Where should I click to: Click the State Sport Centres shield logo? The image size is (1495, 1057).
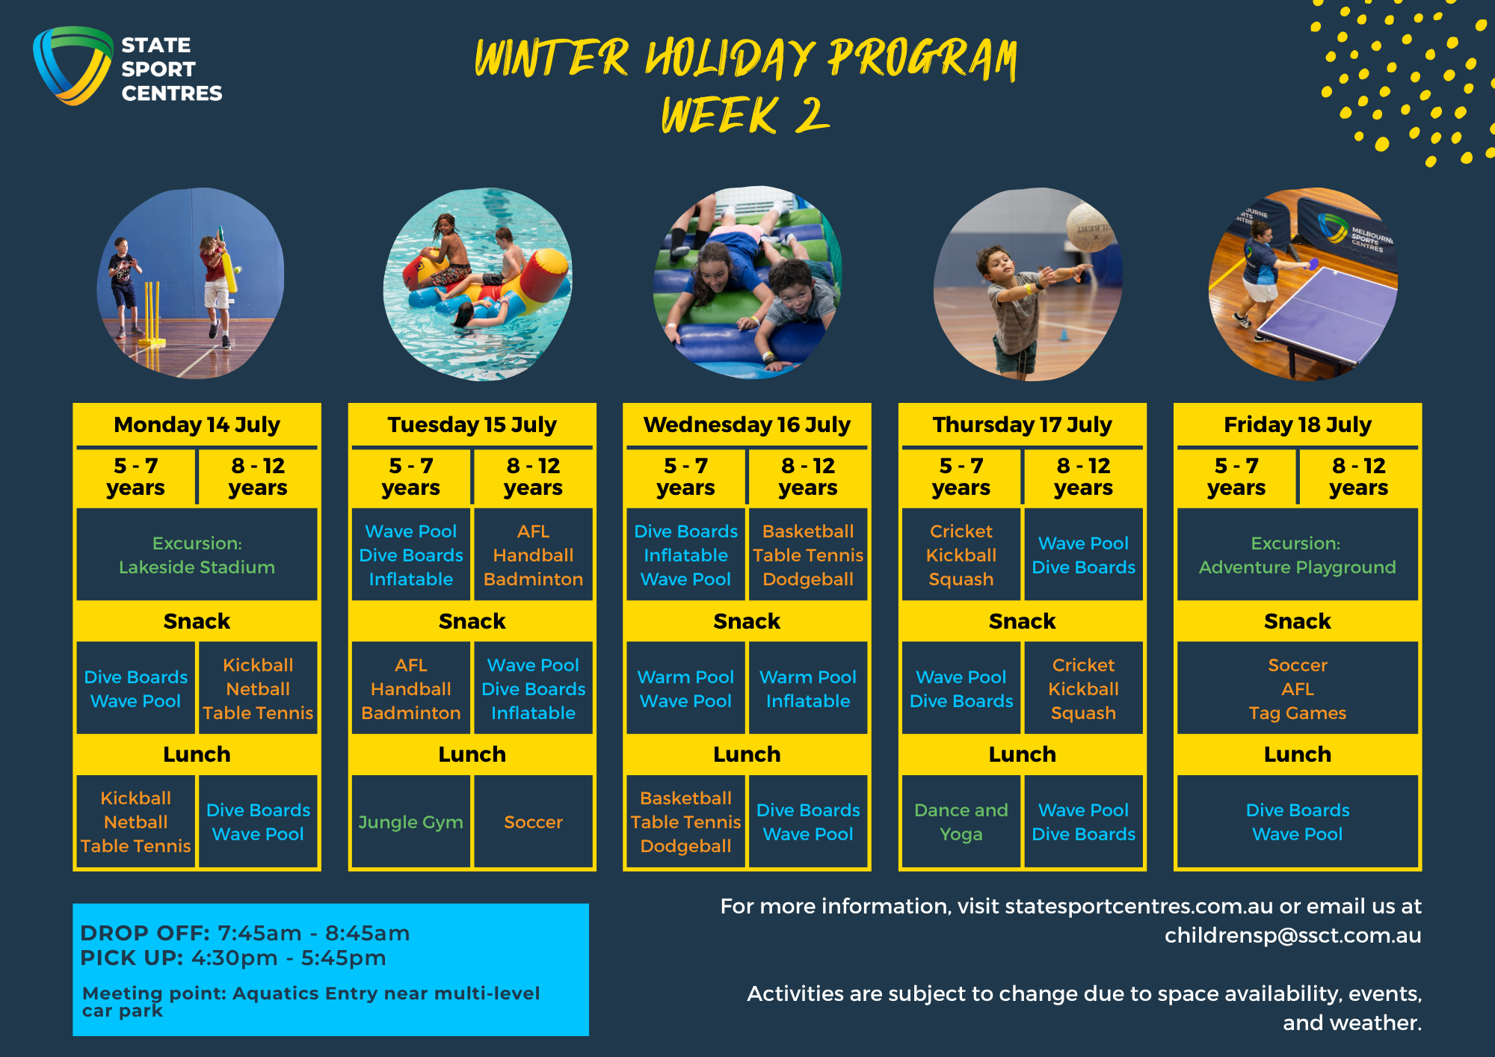73,66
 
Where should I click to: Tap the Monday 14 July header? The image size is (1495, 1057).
197,425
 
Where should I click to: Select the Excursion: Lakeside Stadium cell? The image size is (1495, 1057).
197,555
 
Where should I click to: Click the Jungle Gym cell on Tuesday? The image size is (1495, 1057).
411,822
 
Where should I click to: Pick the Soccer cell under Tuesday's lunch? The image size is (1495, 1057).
533,822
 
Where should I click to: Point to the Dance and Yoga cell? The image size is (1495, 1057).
961,822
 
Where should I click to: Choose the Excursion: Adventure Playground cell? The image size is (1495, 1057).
1298,555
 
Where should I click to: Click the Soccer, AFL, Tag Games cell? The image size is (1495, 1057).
1298,688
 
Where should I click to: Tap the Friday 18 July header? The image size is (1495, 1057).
1298,425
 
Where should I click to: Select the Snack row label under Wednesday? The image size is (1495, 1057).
747,621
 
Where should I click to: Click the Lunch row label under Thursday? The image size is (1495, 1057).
1023,754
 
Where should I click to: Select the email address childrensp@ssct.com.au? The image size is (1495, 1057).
1292,935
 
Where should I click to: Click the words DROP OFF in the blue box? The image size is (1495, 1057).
145,933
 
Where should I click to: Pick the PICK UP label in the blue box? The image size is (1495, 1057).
132,958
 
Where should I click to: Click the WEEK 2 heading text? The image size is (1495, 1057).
745,115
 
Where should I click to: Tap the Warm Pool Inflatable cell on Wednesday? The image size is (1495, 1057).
808,688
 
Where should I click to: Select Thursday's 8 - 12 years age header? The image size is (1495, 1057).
1083,476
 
